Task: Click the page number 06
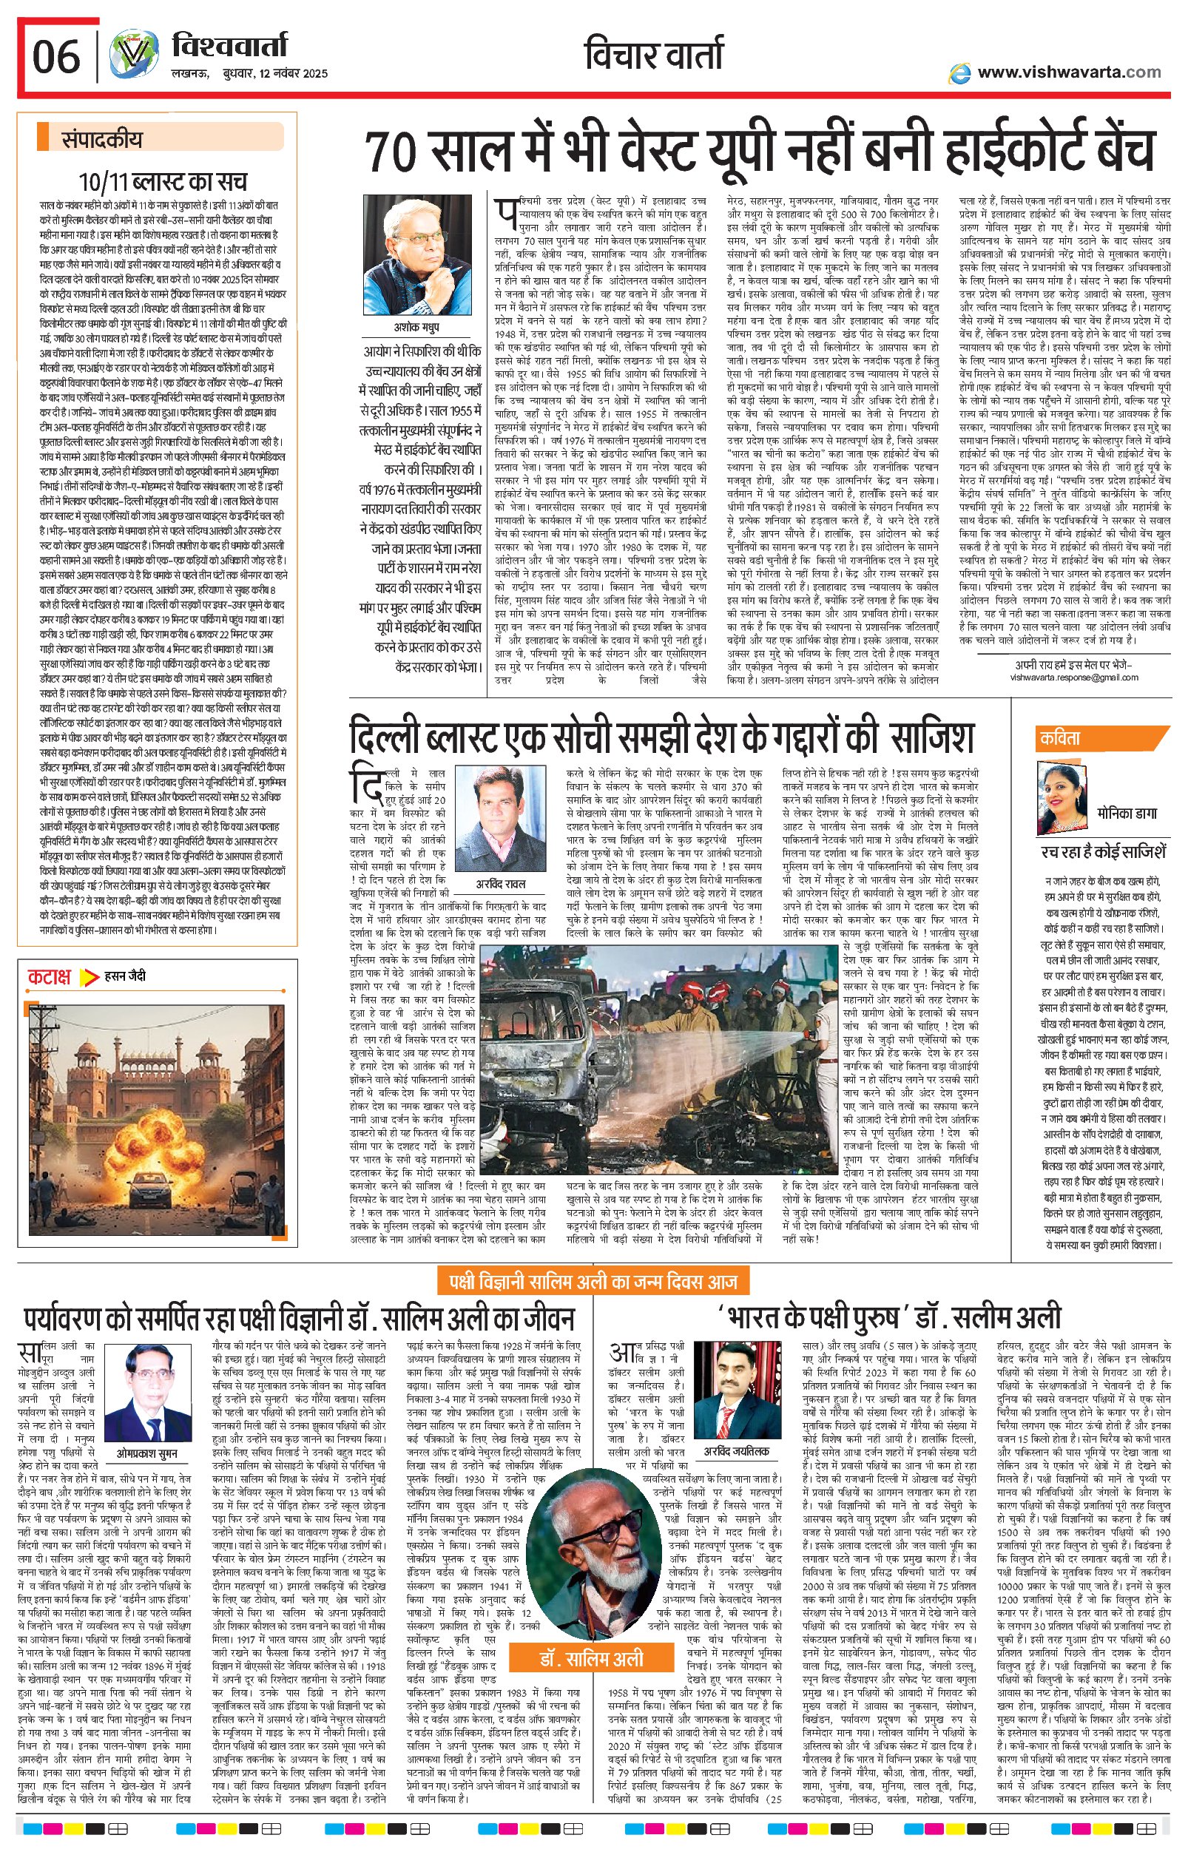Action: [x=56, y=57]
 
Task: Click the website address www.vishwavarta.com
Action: [x=1068, y=72]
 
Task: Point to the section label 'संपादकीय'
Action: [x=102, y=140]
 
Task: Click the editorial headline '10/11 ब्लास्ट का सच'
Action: [x=163, y=182]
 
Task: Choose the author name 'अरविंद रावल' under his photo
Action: [x=499, y=884]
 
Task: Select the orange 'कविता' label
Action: [x=1060, y=738]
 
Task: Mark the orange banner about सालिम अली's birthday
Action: [x=593, y=1282]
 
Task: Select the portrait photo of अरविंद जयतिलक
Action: [x=736, y=1397]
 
